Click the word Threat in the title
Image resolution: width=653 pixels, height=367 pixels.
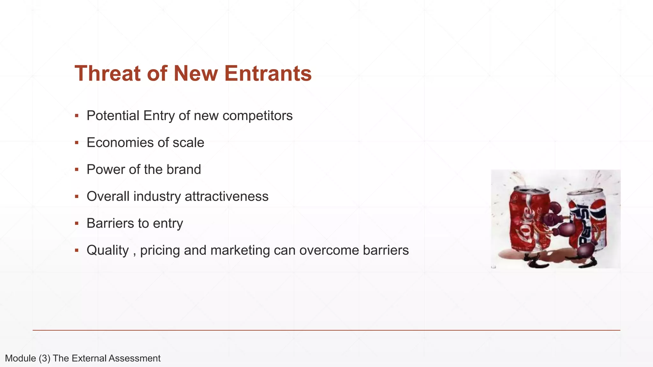pos(107,73)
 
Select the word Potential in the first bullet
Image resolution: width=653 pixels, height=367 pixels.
pos(113,116)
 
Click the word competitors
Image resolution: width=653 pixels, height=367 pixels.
pos(257,116)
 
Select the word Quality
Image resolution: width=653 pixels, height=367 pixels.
pos(107,250)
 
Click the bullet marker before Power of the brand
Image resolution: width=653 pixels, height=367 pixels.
pos(77,169)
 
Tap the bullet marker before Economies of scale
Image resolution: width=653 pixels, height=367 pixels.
pos(77,142)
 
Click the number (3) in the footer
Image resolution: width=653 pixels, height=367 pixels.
pos(44,358)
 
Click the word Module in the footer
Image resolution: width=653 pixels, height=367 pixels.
pos(20,358)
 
